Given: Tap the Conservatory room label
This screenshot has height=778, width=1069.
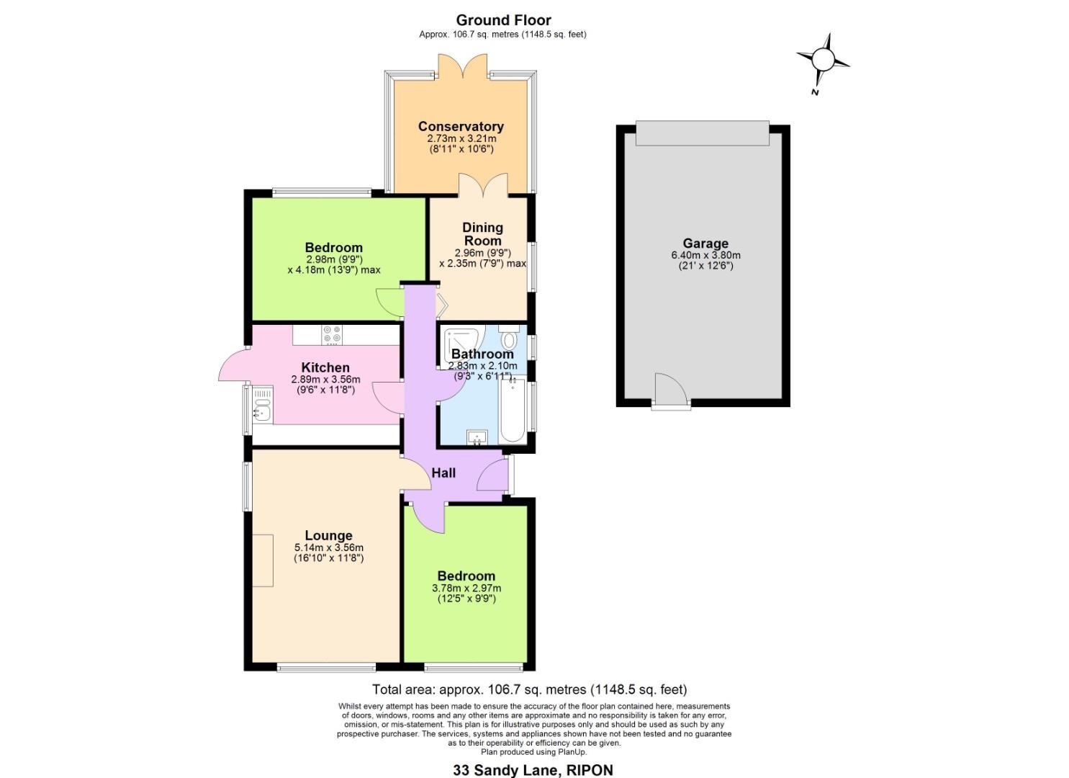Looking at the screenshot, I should click(461, 127).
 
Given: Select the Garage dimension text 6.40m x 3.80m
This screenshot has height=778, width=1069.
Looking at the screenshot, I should click(705, 255).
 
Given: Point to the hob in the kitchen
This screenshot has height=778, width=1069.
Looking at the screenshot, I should click(332, 334).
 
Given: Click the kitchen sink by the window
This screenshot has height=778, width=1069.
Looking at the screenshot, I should click(262, 413).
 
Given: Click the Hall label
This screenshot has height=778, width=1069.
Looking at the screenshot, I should click(443, 473).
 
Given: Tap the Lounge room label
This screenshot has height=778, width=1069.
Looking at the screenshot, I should click(328, 535).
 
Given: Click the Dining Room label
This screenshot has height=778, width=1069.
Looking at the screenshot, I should click(482, 234).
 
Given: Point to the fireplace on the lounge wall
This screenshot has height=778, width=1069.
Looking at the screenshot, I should click(263, 560).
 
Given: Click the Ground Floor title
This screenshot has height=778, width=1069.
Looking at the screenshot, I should click(503, 20).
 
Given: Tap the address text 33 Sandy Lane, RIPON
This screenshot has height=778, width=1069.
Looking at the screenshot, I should click(533, 770).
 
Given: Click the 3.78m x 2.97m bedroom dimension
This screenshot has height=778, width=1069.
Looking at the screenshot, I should click(466, 588).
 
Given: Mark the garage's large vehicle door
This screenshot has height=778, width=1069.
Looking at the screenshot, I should click(703, 133).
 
